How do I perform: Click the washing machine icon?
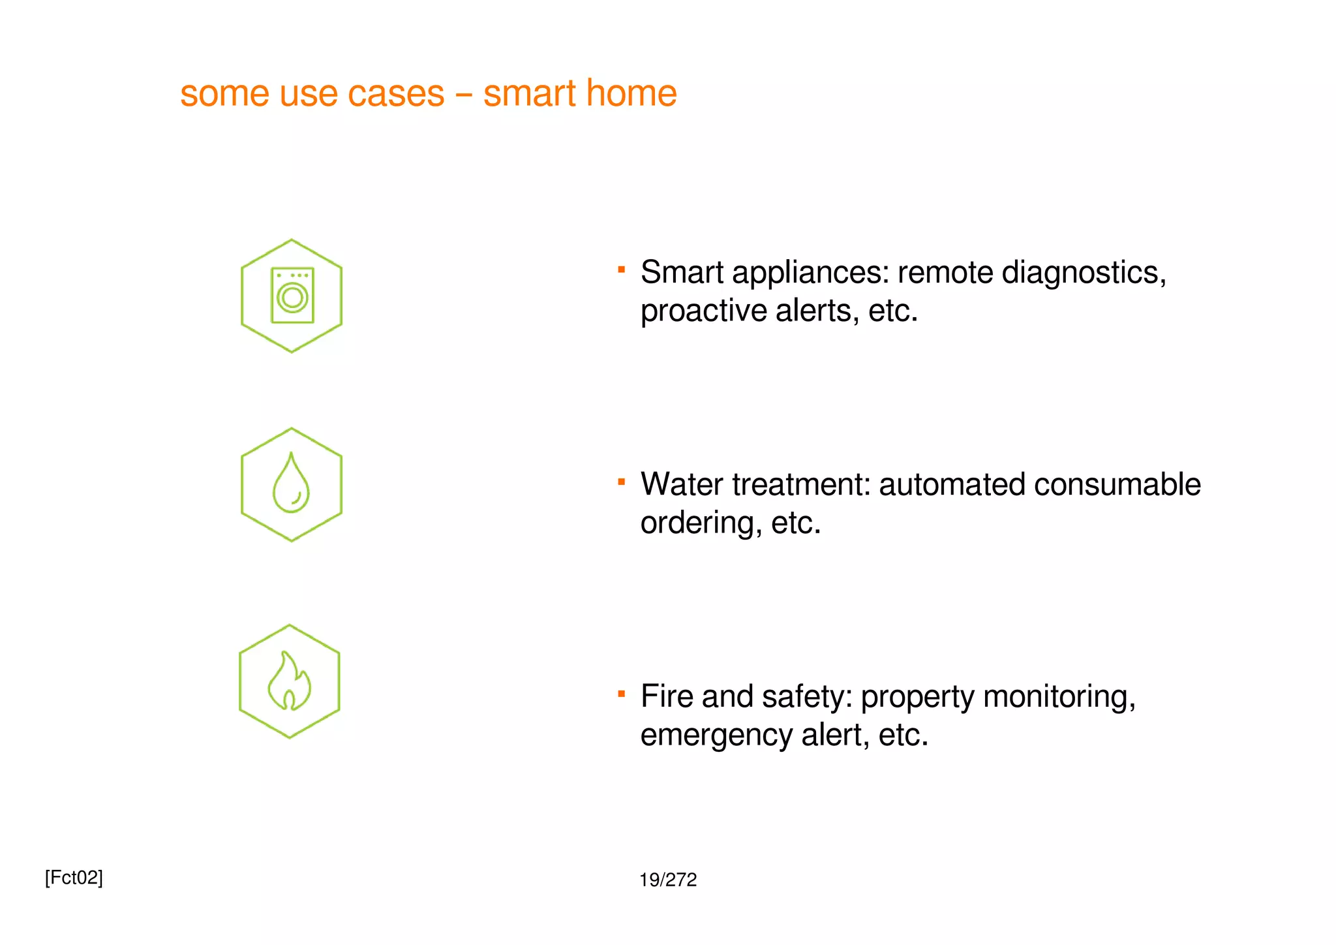tap(292, 296)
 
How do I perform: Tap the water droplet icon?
tap(291, 484)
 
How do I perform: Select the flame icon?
tap(290, 681)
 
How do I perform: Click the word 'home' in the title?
tap(631, 93)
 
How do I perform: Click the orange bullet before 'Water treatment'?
tap(622, 482)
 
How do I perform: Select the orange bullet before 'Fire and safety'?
tap(622, 694)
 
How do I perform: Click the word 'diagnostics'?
tap(1083, 273)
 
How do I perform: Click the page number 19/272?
tap(668, 880)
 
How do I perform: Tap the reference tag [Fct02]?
tap(74, 878)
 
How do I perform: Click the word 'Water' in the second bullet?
tap(682, 485)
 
